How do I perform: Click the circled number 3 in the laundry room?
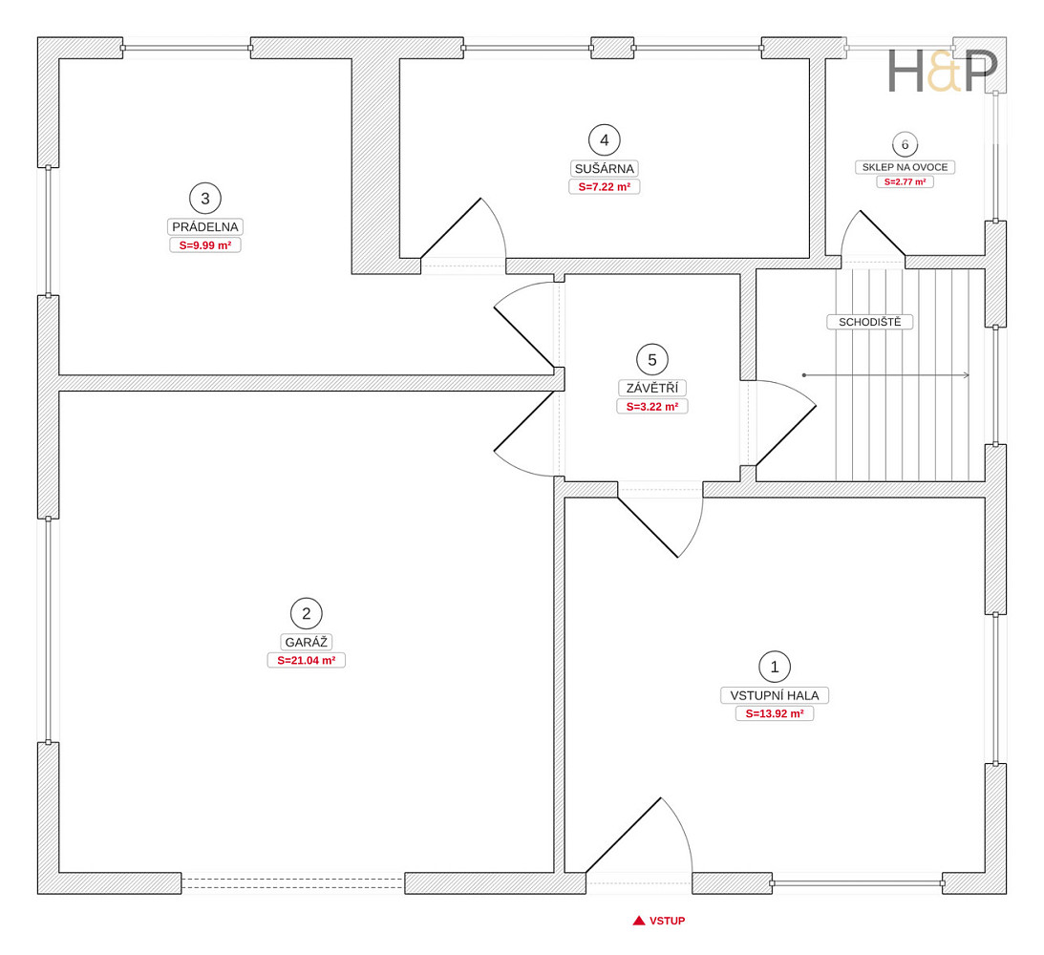pyautogui.click(x=205, y=199)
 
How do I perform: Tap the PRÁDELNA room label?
pyautogui.click(x=205, y=227)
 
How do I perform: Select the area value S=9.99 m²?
pyautogui.click(x=205, y=245)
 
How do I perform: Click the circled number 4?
pyautogui.click(x=605, y=140)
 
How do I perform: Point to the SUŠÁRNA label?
pyautogui.click(x=605, y=168)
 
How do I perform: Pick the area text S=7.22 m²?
pyautogui.click(x=605, y=187)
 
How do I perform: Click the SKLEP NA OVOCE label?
pyautogui.click(x=905, y=167)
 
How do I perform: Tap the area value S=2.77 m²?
pyautogui.click(x=905, y=181)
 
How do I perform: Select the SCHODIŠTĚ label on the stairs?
pyautogui.click(x=869, y=322)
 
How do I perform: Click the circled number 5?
pyautogui.click(x=652, y=360)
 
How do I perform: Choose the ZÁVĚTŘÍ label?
pyautogui.click(x=652, y=388)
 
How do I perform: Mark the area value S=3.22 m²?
pyautogui.click(x=652, y=407)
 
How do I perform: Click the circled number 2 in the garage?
pyautogui.click(x=307, y=614)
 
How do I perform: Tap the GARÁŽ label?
pyautogui.click(x=307, y=642)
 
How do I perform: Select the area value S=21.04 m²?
pyautogui.click(x=307, y=661)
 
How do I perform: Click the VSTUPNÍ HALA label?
pyautogui.click(x=775, y=695)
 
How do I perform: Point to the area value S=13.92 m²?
pyautogui.click(x=775, y=714)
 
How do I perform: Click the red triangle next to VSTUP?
pyautogui.click(x=639, y=921)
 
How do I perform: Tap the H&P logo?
pyautogui.click(x=943, y=72)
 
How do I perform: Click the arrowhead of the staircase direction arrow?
pyautogui.click(x=966, y=375)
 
